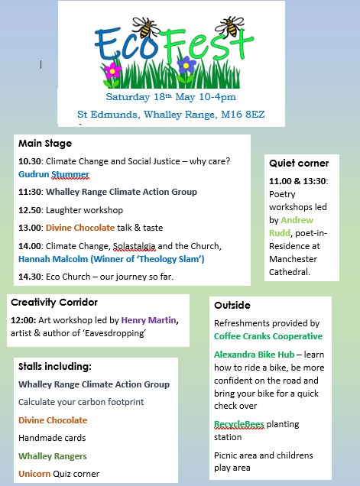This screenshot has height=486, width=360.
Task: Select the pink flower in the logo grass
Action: pos(113,72)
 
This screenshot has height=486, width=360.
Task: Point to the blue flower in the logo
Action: pos(186,66)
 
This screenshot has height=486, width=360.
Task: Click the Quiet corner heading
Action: pos(299,163)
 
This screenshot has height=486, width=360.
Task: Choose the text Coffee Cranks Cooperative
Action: pos(268,336)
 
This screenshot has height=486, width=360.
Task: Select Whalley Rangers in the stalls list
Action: pos(53,455)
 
